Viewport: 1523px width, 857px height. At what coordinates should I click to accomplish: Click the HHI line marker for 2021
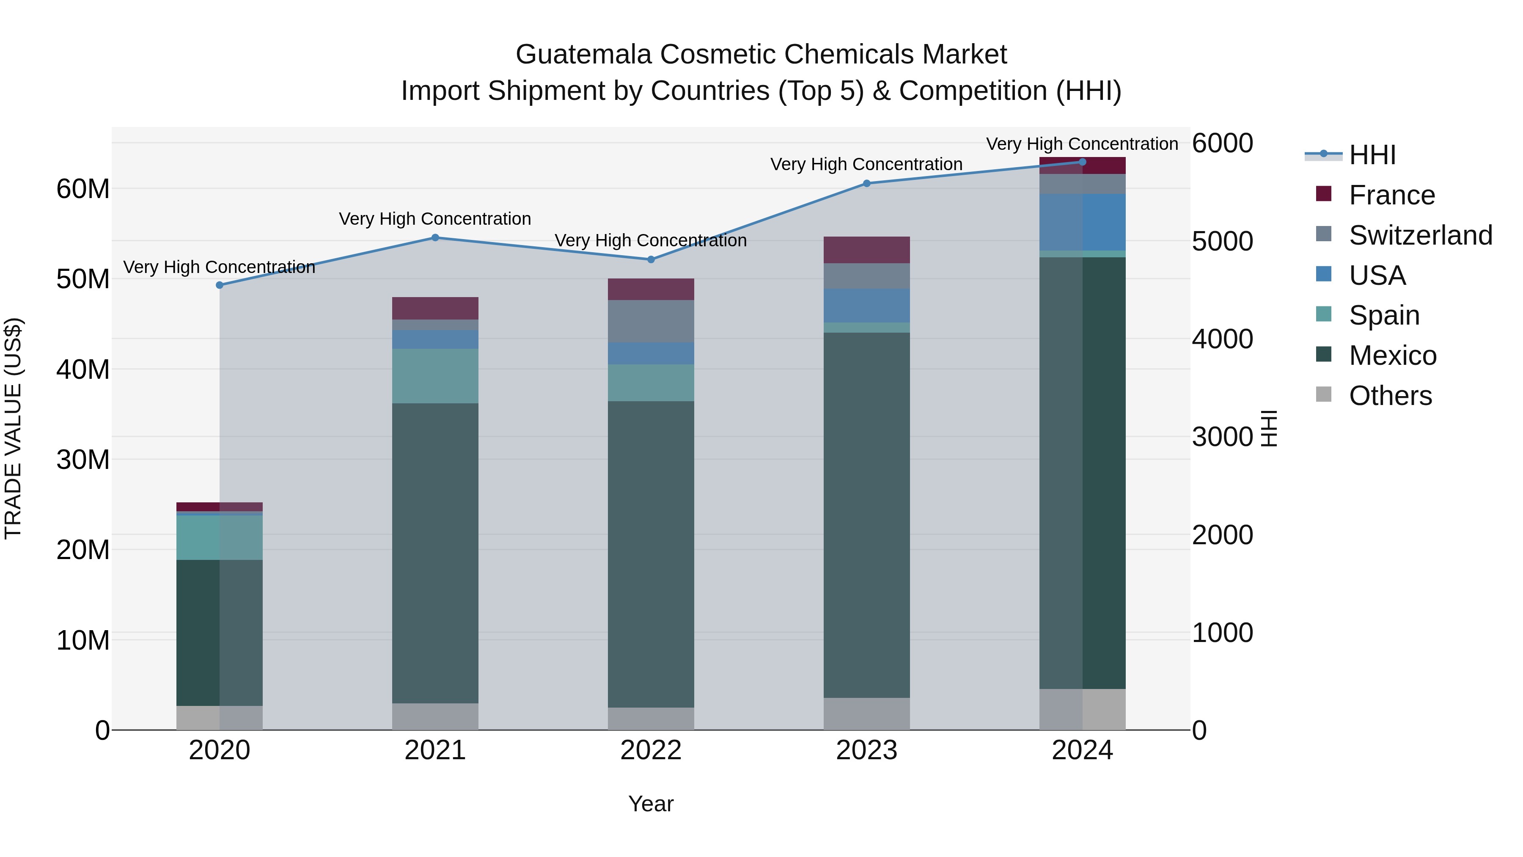tap(435, 238)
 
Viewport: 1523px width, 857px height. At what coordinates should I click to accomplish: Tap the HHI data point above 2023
tap(867, 183)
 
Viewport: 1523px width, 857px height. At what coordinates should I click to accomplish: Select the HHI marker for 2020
tap(219, 285)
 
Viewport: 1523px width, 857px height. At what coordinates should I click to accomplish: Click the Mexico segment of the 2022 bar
tap(651, 554)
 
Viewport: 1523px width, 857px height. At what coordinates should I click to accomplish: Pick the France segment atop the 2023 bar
tap(867, 250)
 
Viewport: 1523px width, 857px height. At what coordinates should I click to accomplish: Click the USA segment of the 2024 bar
tap(1083, 222)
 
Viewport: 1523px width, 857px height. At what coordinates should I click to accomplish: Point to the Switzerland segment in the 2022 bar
tap(651, 321)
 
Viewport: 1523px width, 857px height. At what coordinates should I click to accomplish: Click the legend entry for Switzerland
tap(1420, 235)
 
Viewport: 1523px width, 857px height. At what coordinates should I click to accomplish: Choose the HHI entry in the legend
tap(1372, 155)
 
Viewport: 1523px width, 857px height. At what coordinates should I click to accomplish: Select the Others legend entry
tap(1390, 396)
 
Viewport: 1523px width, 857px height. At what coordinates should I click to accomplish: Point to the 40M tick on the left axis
tap(83, 369)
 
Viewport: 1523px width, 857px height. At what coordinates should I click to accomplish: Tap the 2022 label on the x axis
tap(651, 750)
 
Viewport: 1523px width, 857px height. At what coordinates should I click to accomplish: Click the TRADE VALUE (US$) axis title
tap(13, 428)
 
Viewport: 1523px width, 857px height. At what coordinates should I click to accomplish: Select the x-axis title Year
tap(651, 804)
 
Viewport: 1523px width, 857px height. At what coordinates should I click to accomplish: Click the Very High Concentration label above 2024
tap(1082, 144)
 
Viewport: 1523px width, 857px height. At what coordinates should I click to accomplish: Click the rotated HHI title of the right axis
tap(1269, 428)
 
